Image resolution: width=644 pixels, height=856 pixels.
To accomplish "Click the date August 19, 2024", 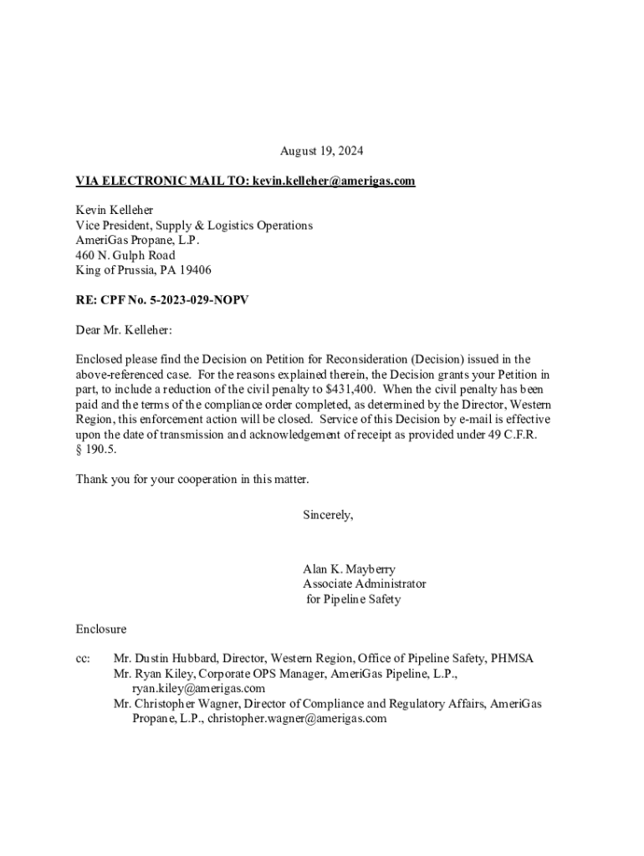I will coord(322,151).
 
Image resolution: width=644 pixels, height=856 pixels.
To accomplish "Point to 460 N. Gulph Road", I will coord(125,255).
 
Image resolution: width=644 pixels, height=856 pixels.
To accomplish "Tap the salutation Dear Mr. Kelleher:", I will coord(124,330).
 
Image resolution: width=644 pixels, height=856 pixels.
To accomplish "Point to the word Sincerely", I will coord(328,515).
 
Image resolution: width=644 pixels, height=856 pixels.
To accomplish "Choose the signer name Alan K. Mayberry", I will coord(349,569).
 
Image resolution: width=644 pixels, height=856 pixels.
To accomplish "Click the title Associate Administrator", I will coord(364,584).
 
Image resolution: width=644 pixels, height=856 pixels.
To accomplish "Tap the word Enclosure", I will coord(101,629).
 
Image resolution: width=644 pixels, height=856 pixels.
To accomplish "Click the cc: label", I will coord(84,659).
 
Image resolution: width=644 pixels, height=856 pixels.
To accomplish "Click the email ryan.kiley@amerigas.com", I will coord(198,689).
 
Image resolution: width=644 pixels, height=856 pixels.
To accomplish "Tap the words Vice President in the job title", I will coord(113,225).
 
